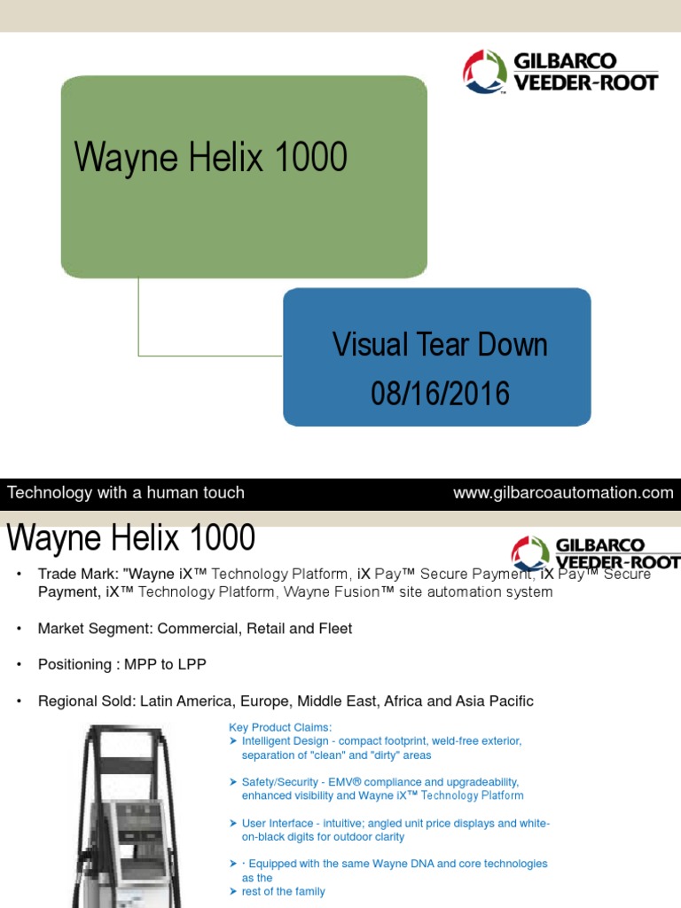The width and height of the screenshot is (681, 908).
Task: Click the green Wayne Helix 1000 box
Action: coord(244,177)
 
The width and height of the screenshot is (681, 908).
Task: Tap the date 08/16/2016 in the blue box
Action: coord(441,393)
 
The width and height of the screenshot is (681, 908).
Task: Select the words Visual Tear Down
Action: coord(440,344)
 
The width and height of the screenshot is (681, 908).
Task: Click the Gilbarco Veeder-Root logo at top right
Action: coord(560,73)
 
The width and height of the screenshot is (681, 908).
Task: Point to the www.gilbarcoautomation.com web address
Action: coord(563,493)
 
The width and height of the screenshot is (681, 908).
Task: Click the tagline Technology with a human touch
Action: coord(126,493)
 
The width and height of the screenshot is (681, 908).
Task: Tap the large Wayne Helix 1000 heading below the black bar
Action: coord(131,537)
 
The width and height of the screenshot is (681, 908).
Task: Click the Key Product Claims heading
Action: coord(280,727)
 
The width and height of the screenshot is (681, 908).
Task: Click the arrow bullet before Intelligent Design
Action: coord(233,740)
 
